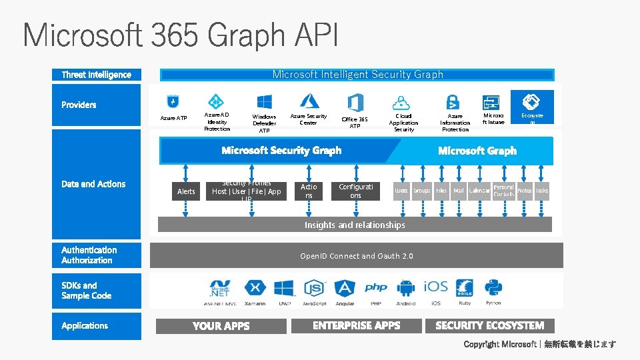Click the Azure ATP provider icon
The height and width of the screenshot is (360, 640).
pyautogui.click(x=173, y=102)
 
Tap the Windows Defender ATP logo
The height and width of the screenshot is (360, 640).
pyautogui.click(x=264, y=102)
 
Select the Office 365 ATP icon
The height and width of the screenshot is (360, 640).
pyautogui.click(x=355, y=103)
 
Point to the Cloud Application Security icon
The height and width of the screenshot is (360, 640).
pyautogui.click(x=401, y=103)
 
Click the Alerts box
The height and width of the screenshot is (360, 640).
pyautogui.click(x=186, y=191)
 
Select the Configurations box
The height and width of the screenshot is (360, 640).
pyautogui.click(x=355, y=191)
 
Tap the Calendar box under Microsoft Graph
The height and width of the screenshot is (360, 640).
pyautogui.click(x=479, y=191)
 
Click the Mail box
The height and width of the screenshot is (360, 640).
pyautogui.click(x=459, y=191)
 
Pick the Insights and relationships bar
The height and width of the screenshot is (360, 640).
pyautogui.click(x=355, y=225)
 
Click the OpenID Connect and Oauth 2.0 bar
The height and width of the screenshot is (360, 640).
pyautogui.click(x=356, y=255)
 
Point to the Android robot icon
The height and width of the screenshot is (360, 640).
pyautogui.click(x=405, y=288)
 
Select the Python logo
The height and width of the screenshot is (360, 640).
pyautogui.click(x=493, y=288)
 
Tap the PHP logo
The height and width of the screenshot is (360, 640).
pyautogui.click(x=375, y=288)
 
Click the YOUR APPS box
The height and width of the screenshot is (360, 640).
pyautogui.click(x=221, y=326)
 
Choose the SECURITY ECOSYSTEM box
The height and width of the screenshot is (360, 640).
pyautogui.click(x=489, y=325)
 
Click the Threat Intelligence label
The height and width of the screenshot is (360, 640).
pyautogui.click(x=97, y=75)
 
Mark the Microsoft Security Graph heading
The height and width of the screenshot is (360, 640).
pyautogui.click(x=281, y=151)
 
